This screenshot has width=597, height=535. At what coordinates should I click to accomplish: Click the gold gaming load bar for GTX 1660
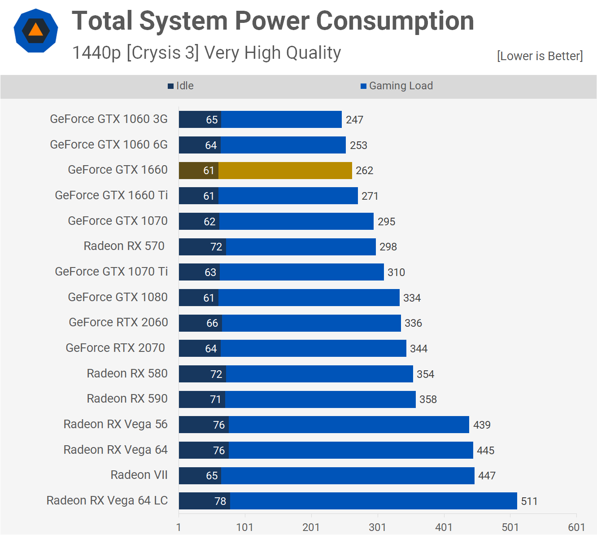pos(285,171)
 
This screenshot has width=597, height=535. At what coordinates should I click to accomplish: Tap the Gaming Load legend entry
pos(397,86)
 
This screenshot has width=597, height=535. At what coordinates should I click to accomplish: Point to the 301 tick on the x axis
pos(377,527)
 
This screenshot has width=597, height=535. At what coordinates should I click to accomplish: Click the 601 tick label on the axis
pos(576,527)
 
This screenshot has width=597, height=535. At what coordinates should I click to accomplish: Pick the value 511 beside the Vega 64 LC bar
pos(529,501)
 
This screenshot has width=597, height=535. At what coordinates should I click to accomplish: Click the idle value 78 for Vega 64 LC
pos(220,501)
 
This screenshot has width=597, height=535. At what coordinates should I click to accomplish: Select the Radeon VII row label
pos(139,475)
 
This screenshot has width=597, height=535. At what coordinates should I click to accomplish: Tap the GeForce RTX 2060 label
pos(118,322)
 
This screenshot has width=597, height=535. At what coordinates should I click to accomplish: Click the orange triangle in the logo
pos(36,31)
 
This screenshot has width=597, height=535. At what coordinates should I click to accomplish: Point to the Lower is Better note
pos(540,56)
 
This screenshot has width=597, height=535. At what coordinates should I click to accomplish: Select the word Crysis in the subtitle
pos(156,53)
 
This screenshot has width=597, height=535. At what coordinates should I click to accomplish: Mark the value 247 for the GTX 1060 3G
pos(354,120)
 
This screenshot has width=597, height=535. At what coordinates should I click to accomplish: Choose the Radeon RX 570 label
pos(124,246)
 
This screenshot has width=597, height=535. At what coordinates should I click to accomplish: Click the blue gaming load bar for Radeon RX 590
pos(320,399)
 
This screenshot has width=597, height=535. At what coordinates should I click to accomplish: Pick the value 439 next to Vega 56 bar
pos(482,425)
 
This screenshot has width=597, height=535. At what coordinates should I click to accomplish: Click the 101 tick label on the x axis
pos(245,527)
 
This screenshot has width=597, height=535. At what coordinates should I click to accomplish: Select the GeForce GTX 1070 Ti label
pos(111,272)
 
